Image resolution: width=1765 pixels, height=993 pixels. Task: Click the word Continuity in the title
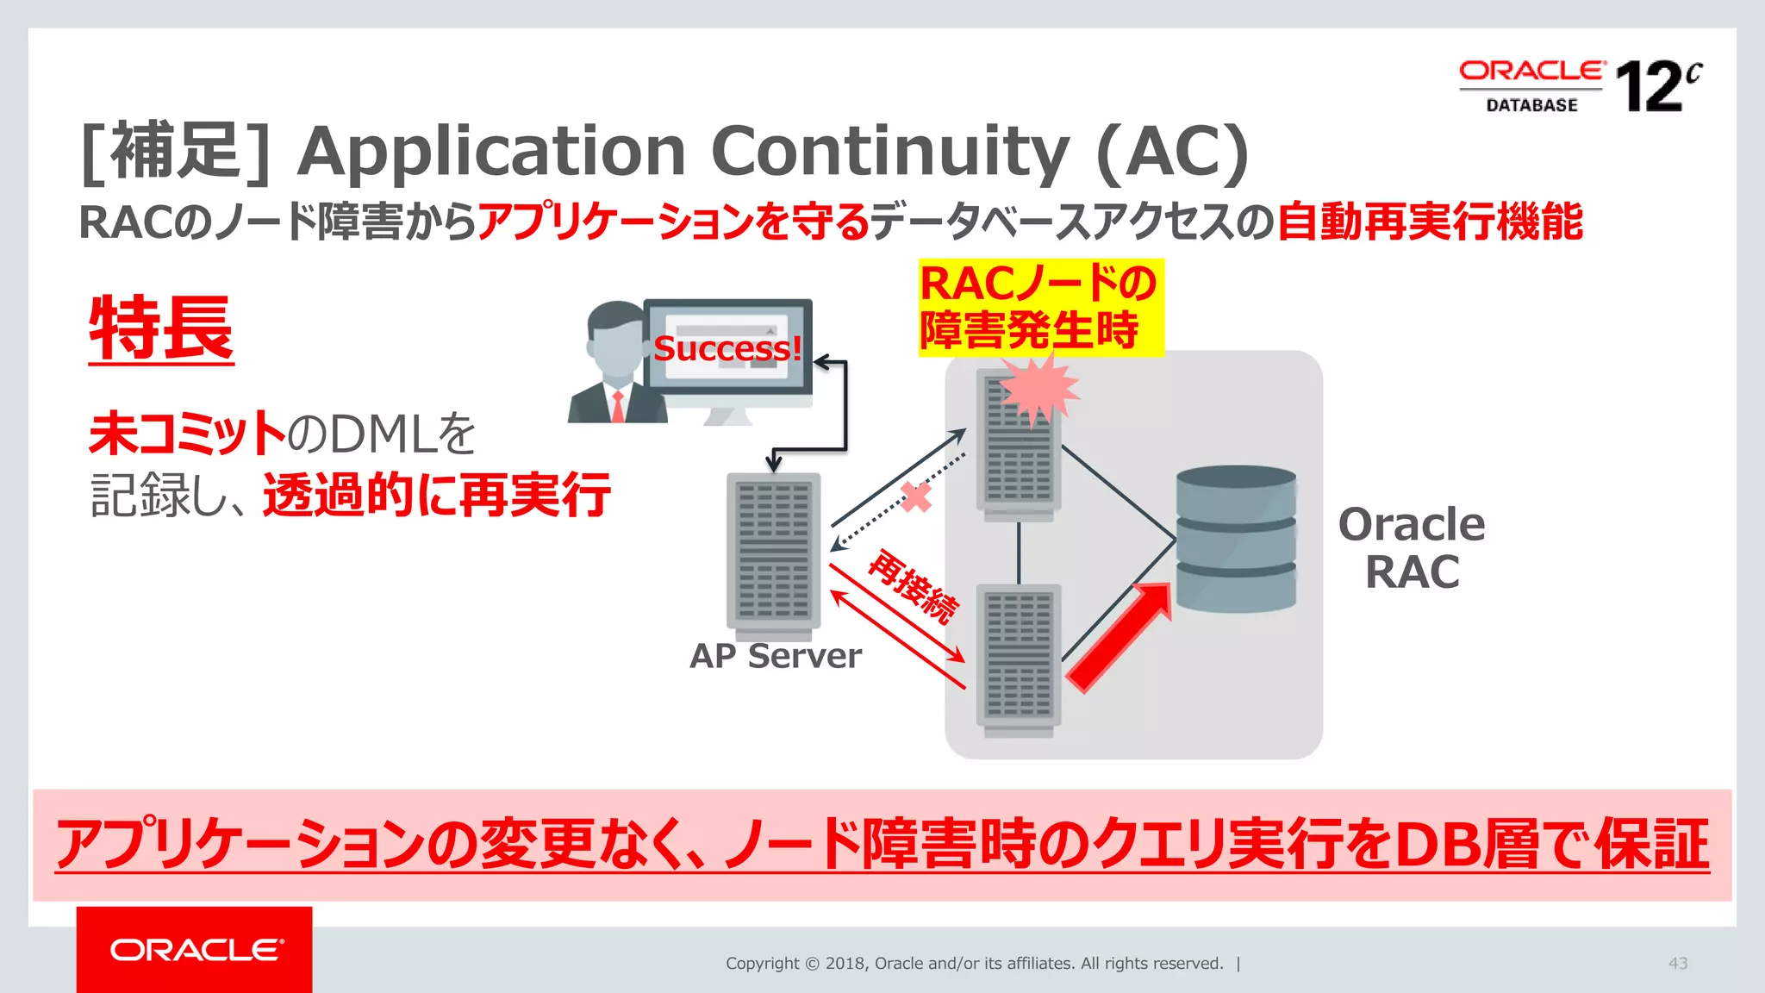[x=890, y=152]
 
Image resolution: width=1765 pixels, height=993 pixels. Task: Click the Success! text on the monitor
[x=727, y=348]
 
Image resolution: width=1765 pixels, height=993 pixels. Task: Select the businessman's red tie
[x=618, y=406]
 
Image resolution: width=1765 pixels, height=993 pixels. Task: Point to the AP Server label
[x=775, y=656]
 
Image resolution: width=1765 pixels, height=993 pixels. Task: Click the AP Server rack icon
[x=773, y=552]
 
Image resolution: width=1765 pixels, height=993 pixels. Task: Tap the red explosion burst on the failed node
[x=1038, y=389]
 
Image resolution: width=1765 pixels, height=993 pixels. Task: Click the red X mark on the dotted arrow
[x=915, y=496]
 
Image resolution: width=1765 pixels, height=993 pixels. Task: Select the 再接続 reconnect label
[x=913, y=586]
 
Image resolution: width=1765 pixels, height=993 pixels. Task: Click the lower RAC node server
[x=1019, y=659]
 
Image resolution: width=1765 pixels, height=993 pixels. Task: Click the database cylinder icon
[x=1236, y=539]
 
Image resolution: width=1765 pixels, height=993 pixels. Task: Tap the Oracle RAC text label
[x=1412, y=548]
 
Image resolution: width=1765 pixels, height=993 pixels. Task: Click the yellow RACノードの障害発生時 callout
[x=1040, y=308]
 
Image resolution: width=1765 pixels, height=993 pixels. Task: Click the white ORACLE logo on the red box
[x=196, y=950]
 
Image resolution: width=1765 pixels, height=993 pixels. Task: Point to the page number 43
[x=1677, y=963]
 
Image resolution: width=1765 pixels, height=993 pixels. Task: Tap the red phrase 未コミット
[x=187, y=434]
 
